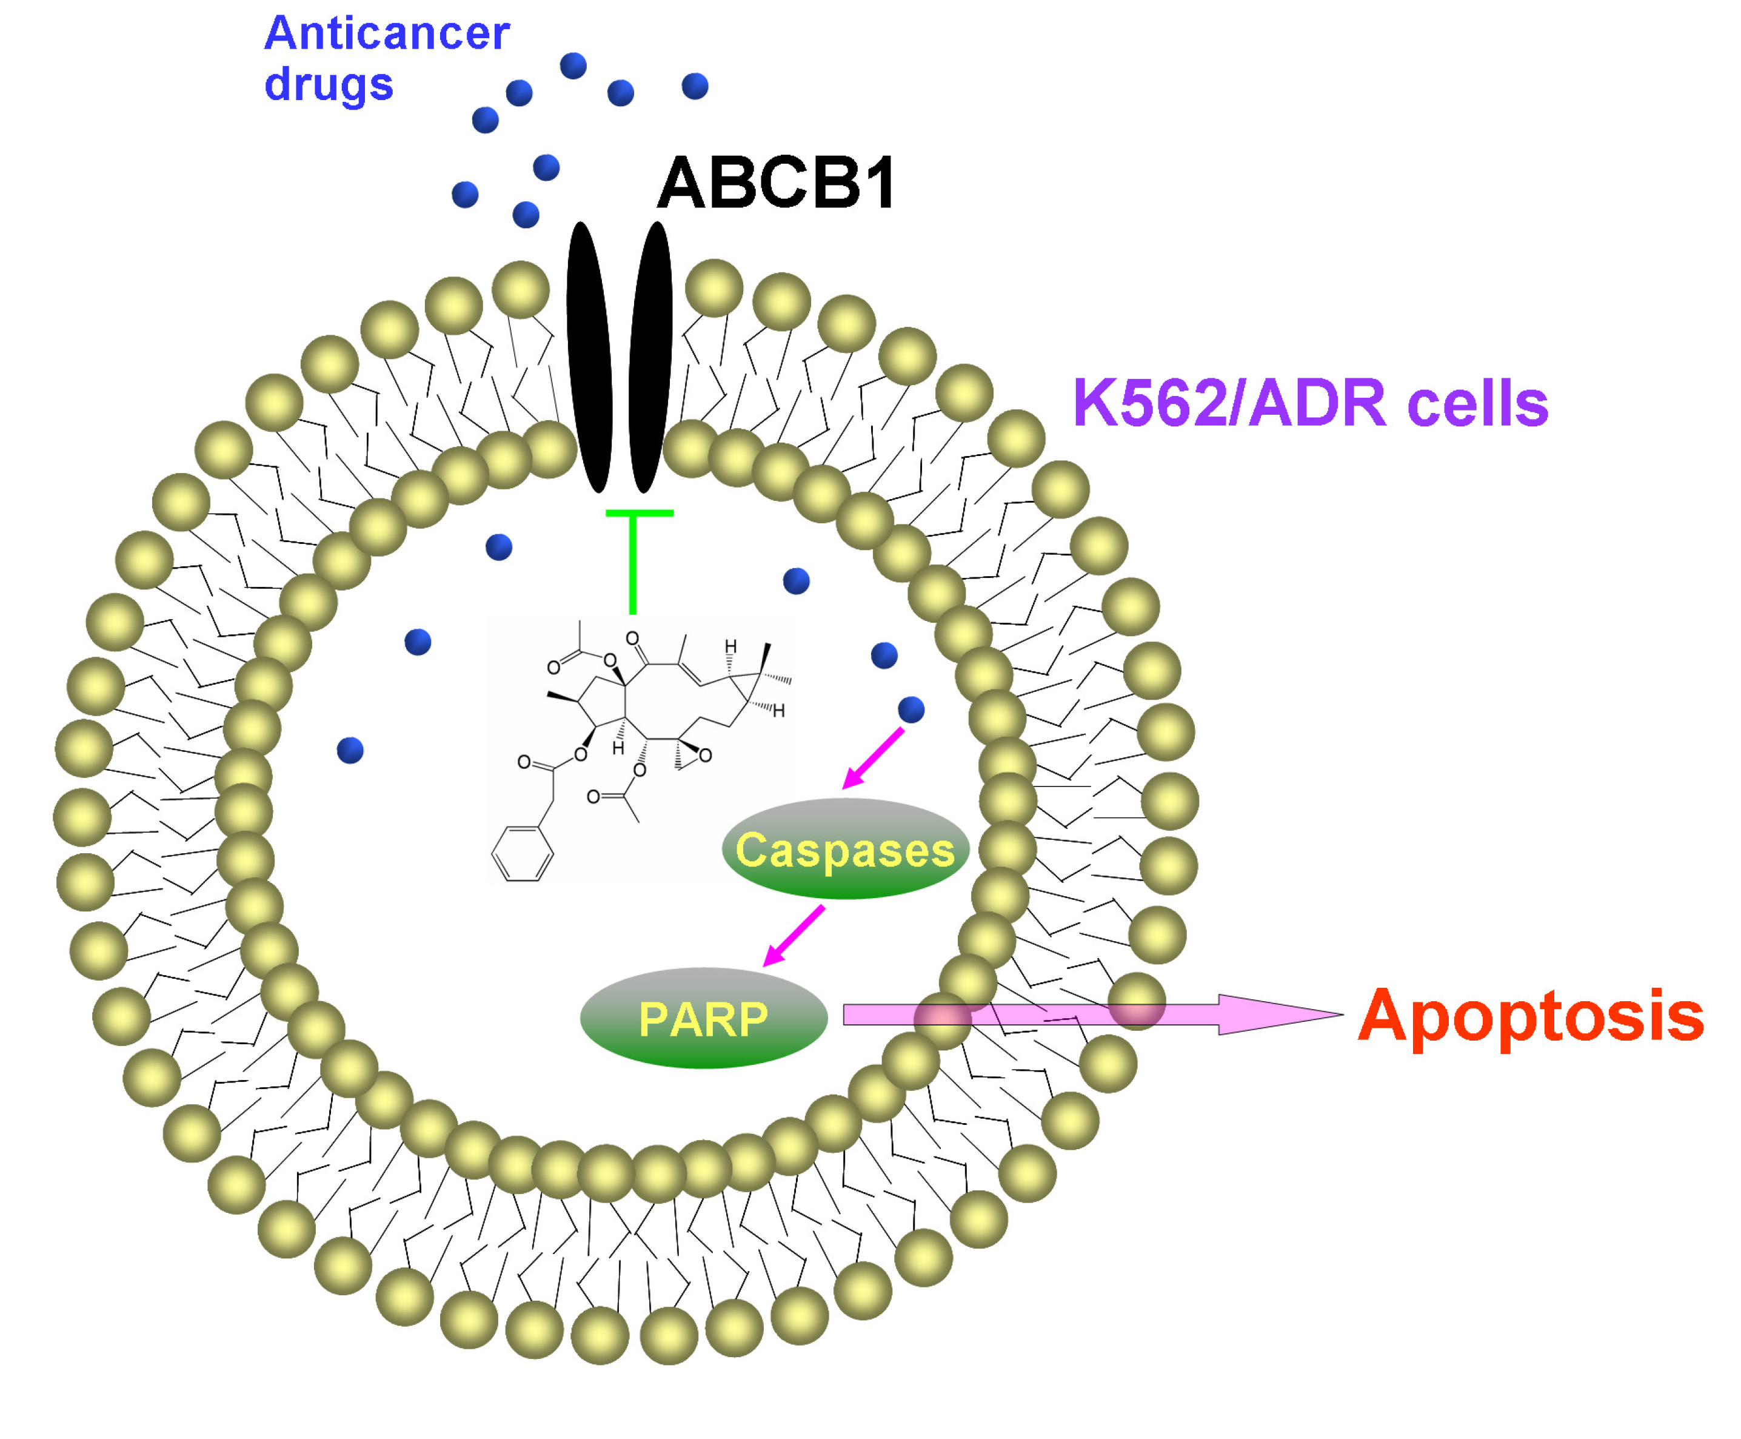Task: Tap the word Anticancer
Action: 387,33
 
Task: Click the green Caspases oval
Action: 845,849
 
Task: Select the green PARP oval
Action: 704,1018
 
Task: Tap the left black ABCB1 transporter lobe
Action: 589,357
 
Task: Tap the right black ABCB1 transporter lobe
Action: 651,357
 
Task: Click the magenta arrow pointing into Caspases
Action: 872,759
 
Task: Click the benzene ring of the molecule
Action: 522,853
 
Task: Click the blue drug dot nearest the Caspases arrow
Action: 911,709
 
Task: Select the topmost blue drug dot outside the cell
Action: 573,65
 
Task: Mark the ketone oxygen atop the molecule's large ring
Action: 632,639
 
